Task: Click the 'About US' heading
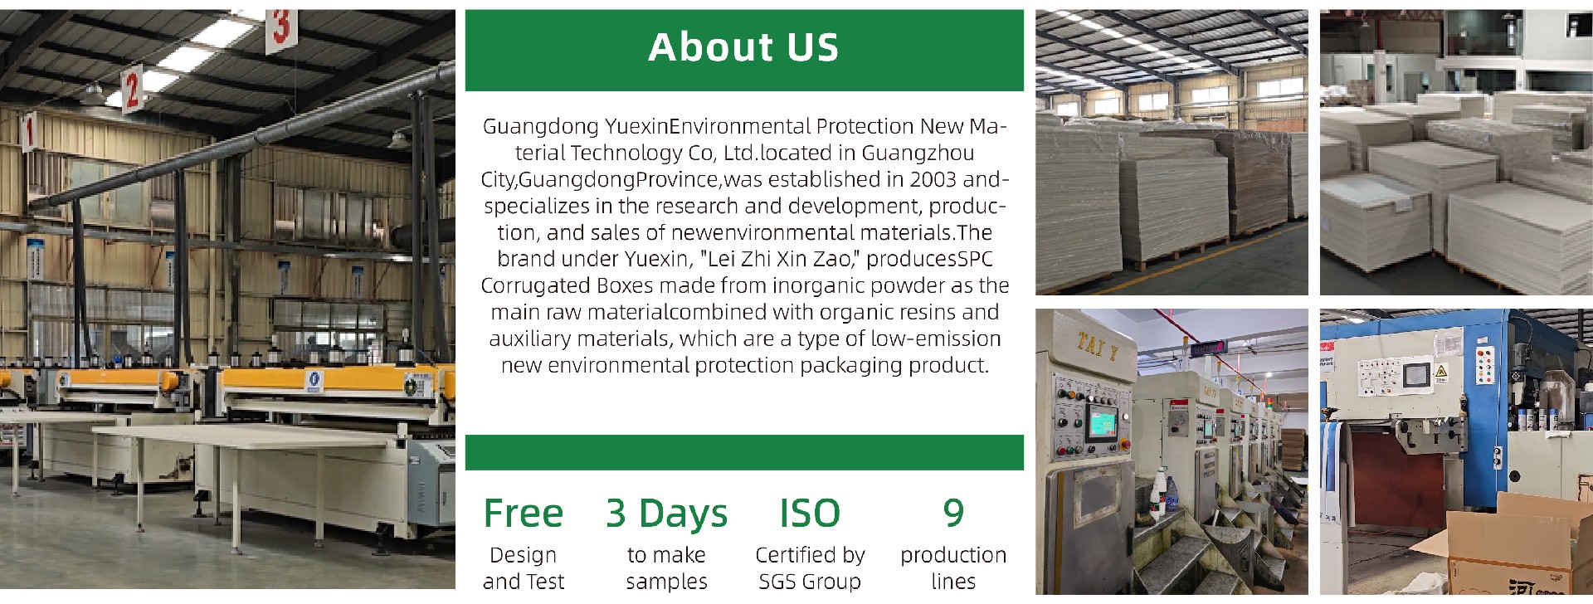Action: click(x=743, y=47)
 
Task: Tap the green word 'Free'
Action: click(x=523, y=513)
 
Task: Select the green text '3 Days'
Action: click(x=667, y=513)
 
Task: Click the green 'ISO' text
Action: click(x=810, y=513)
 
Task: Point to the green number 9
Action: click(x=953, y=513)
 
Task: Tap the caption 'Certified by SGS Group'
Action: click(x=810, y=568)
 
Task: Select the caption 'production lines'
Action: click(x=953, y=568)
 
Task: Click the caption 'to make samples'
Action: click(x=667, y=568)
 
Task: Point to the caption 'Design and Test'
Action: click(x=523, y=568)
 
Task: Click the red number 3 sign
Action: click(x=281, y=28)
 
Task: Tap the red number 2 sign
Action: click(x=131, y=90)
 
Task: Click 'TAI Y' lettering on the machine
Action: click(x=1097, y=345)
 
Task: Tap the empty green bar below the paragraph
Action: click(x=744, y=452)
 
